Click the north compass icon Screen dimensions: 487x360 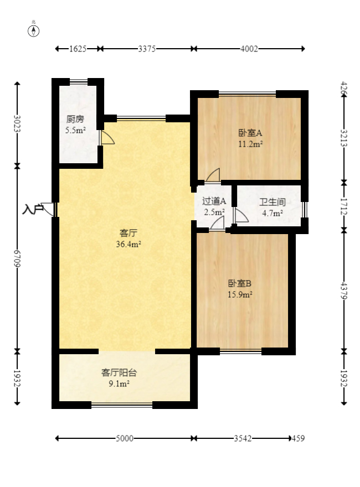[34, 30]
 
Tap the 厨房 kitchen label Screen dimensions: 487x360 [75, 119]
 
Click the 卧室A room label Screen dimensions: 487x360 [250, 133]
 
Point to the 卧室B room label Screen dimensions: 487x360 [240, 283]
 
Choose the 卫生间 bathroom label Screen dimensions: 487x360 [272, 202]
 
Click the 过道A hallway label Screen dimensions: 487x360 [214, 201]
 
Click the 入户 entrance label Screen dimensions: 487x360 [33, 209]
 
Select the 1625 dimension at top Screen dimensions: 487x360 [78, 49]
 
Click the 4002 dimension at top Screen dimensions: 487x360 [249, 49]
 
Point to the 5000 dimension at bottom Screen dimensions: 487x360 [125, 439]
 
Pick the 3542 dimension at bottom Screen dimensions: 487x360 [243, 439]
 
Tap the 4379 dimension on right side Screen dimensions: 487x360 [344, 291]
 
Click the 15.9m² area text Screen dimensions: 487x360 [240, 295]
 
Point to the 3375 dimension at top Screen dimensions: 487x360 [147, 49]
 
